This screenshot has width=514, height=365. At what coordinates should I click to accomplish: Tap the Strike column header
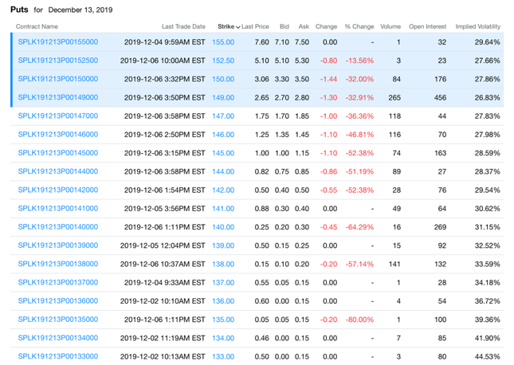pos(226,26)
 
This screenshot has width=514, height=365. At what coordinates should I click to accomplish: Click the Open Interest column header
pos(428,26)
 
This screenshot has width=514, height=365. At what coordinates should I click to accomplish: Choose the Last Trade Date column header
pos(182,26)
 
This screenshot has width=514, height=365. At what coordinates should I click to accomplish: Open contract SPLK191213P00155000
pos(58,41)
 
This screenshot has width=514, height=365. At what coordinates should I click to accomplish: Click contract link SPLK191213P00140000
pos(58,227)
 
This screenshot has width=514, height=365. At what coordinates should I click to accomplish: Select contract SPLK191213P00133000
pos(58,356)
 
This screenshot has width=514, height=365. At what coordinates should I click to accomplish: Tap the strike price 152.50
pos(223,61)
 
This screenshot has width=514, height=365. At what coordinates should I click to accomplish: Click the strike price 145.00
pos(223,153)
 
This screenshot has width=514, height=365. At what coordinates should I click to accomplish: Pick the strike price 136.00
pos(223,301)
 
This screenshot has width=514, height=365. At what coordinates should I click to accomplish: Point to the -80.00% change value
pos(359,320)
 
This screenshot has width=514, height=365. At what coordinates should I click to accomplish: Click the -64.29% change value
pos(359,227)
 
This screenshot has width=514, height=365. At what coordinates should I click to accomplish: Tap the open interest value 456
pos(439,97)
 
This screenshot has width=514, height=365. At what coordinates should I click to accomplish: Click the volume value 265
pos(394,97)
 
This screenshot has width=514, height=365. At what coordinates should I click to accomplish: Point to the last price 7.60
pos(261,41)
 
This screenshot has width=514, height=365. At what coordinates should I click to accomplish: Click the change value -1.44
pos(328,79)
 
